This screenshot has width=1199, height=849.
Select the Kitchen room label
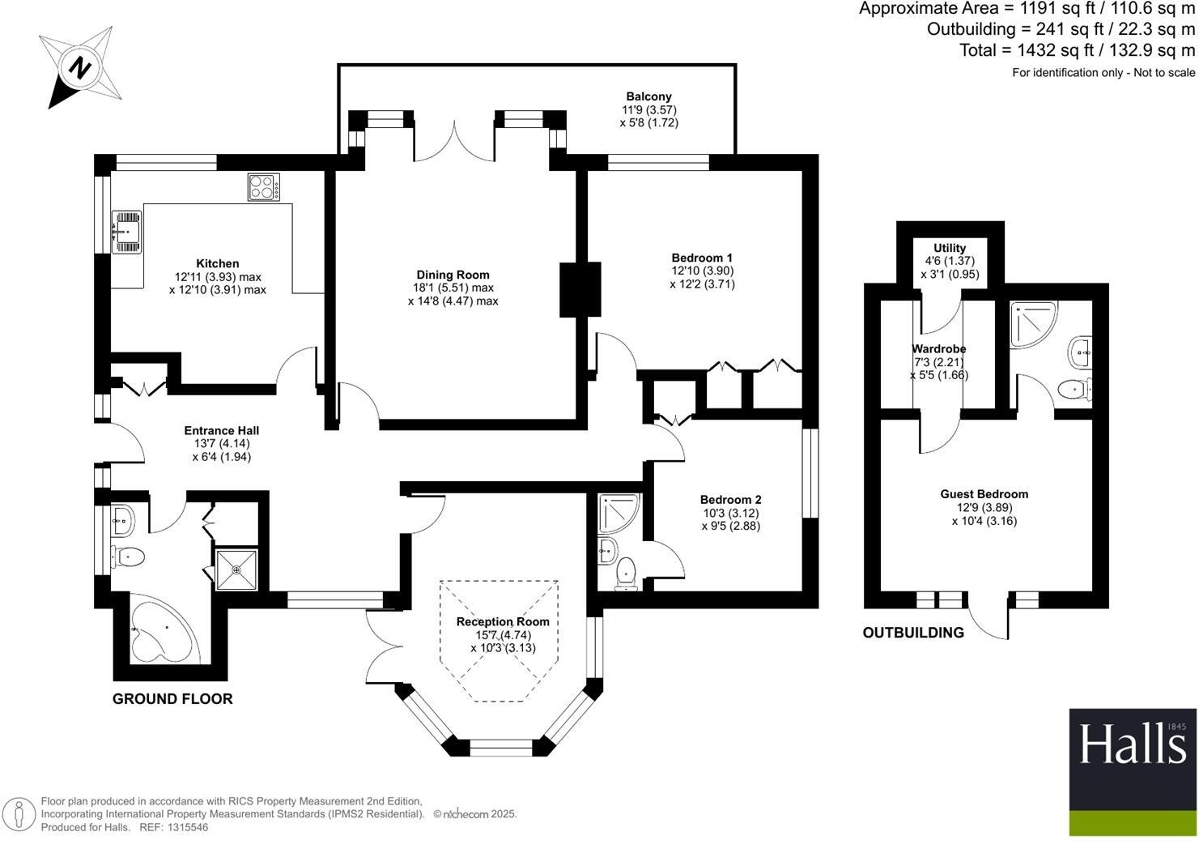pyautogui.click(x=218, y=263)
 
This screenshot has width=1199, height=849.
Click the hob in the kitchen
pyautogui.click(x=264, y=188)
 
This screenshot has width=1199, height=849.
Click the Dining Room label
pyautogui.click(x=453, y=275)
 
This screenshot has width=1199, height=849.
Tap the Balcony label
pyautogui.click(x=648, y=96)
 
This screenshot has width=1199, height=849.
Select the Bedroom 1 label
pyautogui.click(x=702, y=258)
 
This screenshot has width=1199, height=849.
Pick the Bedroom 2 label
pyautogui.click(x=730, y=500)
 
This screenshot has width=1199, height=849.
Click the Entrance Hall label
pyautogui.click(x=221, y=431)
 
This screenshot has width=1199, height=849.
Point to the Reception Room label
pyautogui.click(x=503, y=622)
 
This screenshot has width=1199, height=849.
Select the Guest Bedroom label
pyautogui.click(x=984, y=494)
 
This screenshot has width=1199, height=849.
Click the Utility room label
pyautogui.click(x=950, y=248)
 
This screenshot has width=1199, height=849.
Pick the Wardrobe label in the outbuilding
pyautogui.click(x=938, y=349)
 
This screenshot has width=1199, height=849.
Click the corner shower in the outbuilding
pyautogui.click(x=1031, y=322)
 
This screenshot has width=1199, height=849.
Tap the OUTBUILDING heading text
pyautogui.click(x=913, y=633)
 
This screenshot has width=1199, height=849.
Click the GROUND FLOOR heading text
pyautogui.click(x=172, y=698)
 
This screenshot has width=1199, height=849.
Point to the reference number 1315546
pyautogui.click(x=187, y=827)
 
